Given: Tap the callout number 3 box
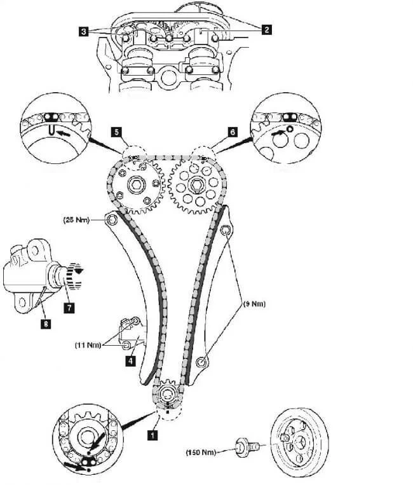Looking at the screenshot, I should (x=84, y=30).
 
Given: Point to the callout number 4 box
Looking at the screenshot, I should (x=130, y=360).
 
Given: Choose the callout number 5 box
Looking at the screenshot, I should (x=116, y=132).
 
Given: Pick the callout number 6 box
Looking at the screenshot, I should (x=232, y=132).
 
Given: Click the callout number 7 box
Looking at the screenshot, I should (x=69, y=307).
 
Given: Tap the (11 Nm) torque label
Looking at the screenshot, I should (x=88, y=345).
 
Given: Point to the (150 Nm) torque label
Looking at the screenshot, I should (x=201, y=453).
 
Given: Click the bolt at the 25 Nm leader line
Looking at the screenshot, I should (x=112, y=221).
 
